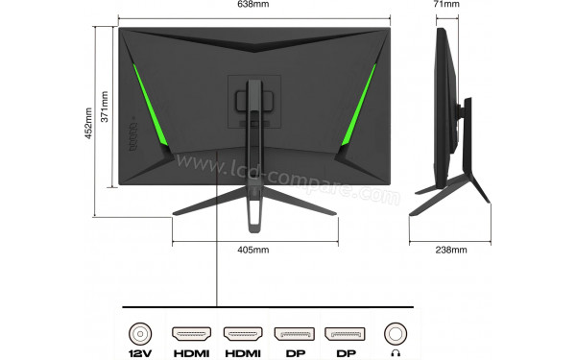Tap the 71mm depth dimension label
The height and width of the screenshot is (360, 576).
pos(446,5)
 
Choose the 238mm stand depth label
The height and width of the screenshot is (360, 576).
pos(450,251)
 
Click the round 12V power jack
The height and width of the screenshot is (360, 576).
pos(141,333)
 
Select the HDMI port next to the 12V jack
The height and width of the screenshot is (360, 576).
pos(191,333)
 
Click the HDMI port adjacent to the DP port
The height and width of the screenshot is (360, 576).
pos(243,333)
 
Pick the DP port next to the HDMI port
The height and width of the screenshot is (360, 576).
pos(294,333)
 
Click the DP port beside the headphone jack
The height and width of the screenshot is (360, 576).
pos(345,333)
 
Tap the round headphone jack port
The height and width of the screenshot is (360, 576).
pos(396,333)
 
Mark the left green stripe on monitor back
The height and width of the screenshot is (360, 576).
pos(145,110)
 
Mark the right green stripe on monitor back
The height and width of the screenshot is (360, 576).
pos(359,110)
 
